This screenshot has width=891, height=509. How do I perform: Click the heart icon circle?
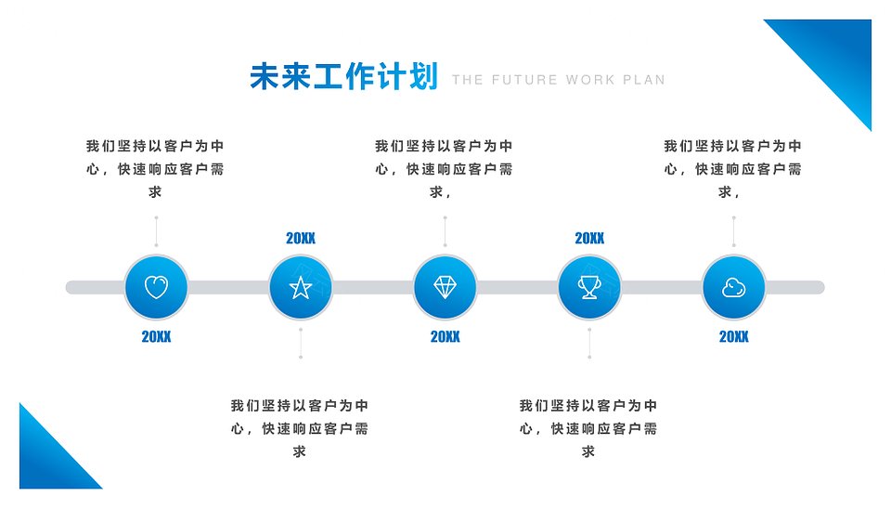156,287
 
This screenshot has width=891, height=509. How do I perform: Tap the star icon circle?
301,287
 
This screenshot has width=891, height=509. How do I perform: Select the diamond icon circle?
445,287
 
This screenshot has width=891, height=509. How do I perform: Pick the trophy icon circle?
589,287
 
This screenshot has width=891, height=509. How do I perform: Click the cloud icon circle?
733,287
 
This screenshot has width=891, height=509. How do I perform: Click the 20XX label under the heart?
156,336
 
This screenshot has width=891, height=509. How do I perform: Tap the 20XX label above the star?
301,239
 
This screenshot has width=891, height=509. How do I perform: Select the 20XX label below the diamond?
445,336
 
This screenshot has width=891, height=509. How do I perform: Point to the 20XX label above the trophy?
589,239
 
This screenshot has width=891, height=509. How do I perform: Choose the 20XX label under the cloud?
733,336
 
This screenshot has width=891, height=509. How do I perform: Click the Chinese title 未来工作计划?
343,77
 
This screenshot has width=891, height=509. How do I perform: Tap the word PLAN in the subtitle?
644,80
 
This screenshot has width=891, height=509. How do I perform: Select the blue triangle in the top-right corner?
835,56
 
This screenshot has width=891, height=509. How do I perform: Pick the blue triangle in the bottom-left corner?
47,461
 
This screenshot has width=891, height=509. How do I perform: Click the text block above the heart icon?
155,169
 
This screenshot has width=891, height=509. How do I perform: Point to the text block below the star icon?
300,428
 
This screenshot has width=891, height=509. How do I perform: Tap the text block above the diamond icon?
444,169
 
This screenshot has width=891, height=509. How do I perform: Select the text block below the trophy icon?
588,428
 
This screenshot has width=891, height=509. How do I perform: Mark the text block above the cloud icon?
732,169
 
